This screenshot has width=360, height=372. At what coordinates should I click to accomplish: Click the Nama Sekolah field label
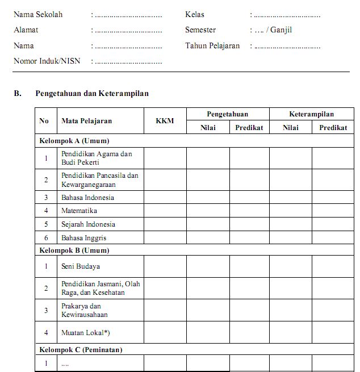38,15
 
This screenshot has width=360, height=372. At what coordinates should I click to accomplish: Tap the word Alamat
26,30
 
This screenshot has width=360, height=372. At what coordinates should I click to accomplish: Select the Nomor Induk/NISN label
47,61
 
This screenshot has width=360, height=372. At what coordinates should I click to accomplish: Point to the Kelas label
195,15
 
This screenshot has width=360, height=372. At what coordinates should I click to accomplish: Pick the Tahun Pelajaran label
212,45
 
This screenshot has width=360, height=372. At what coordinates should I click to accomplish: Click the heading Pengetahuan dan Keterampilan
92,93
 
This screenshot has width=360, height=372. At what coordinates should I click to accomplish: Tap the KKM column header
165,121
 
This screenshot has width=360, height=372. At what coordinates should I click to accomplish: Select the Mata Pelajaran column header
87,121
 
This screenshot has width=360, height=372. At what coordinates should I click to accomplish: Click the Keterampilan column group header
311,114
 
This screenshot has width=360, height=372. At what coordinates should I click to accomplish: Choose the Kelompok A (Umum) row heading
74,140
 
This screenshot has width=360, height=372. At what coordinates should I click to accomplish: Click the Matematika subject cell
79,211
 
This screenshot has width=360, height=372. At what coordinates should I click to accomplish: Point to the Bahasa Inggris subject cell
84,238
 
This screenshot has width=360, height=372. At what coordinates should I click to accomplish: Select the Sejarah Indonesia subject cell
88,224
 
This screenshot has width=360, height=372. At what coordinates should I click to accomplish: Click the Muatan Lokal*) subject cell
85,332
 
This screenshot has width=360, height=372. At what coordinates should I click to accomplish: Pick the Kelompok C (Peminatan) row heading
81,350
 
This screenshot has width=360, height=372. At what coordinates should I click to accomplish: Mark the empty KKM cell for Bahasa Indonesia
165,198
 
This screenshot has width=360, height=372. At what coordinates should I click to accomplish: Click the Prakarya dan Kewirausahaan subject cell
85,310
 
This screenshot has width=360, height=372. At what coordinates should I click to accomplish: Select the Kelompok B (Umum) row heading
74,250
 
